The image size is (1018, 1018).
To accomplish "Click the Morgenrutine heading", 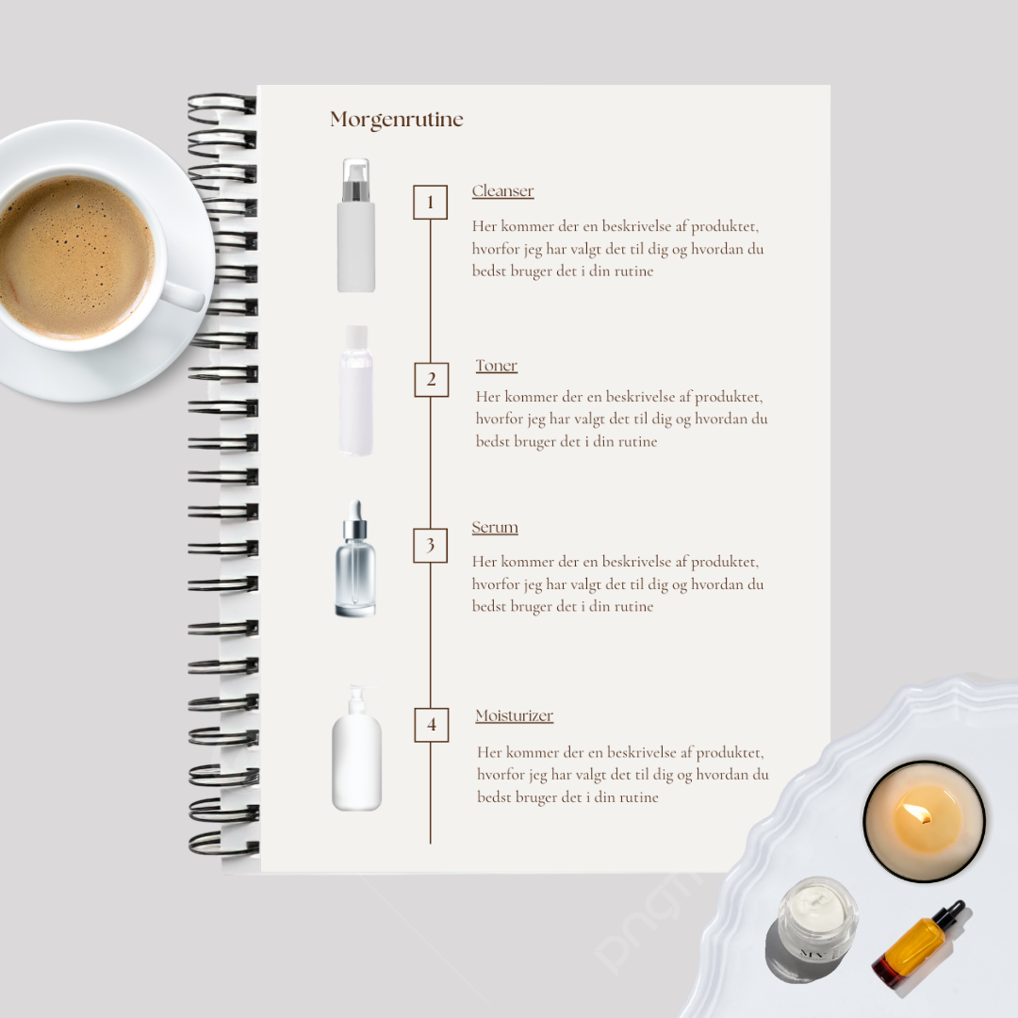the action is pyautogui.click(x=397, y=120).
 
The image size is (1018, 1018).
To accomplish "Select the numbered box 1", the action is pyautogui.click(x=431, y=202).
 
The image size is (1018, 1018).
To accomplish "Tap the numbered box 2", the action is pyautogui.click(x=431, y=379).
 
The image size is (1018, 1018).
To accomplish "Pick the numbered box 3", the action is pyautogui.click(x=431, y=546).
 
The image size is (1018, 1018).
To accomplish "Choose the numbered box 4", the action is pyautogui.click(x=431, y=725).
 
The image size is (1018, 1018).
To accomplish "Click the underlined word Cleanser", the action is pyautogui.click(x=502, y=190).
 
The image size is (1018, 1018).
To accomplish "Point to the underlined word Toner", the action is pyautogui.click(x=496, y=366).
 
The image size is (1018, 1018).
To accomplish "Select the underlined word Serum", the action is pyautogui.click(x=495, y=527).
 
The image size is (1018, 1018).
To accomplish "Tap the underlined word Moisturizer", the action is pyautogui.click(x=515, y=715).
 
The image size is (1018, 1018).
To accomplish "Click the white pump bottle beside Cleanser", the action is pyautogui.click(x=355, y=225).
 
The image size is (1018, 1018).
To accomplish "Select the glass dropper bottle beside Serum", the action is pyautogui.click(x=355, y=558).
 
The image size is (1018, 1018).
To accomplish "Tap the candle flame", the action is pyautogui.click(x=918, y=813).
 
